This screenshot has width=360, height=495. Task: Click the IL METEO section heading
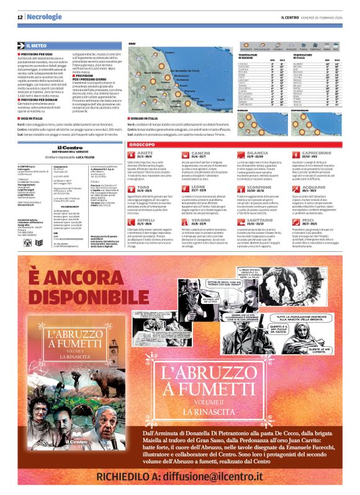38,46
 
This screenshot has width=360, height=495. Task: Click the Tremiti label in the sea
221,94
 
